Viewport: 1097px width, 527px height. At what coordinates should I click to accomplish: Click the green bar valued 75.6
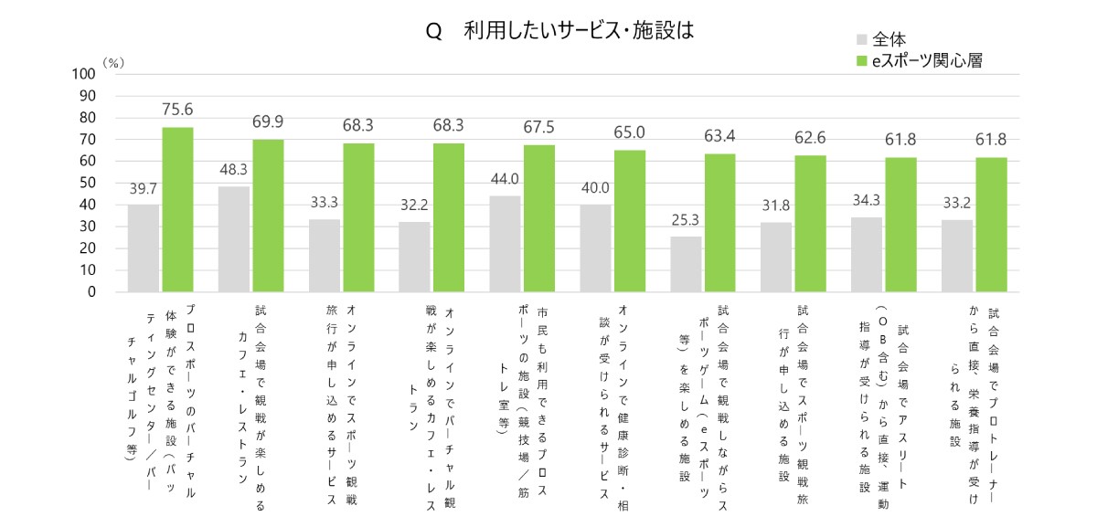(x=177, y=209)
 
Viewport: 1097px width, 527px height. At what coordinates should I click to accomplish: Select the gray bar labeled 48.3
(x=233, y=239)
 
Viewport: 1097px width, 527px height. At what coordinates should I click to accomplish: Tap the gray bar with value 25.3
(x=686, y=264)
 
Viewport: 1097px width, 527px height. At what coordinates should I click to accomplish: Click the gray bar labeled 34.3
(x=867, y=255)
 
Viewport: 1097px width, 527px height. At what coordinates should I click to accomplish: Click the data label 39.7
(x=143, y=188)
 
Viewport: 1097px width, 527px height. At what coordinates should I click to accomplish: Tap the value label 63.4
(x=719, y=136)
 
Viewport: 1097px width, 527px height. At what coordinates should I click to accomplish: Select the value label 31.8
(x=776, y=206)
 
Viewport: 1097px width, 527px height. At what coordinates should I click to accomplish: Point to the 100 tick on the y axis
(x=83, y=74)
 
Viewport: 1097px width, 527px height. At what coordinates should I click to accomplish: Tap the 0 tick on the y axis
(x=91, y=292)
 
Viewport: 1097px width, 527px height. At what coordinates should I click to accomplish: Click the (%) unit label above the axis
(x=112, y=61)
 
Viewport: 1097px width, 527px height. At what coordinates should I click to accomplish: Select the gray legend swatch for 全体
(x=861, y=39)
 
